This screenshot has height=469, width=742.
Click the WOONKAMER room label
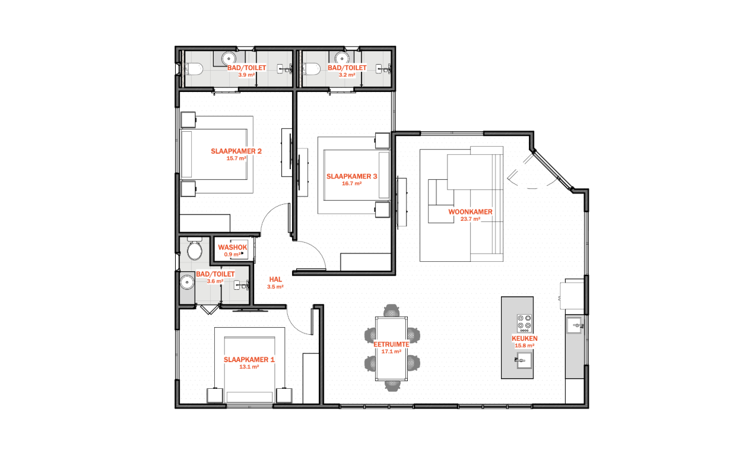[x=470, y=212]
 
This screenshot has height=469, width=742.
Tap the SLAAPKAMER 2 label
[x=236, y=151]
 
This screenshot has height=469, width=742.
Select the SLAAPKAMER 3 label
[x=351, y=176]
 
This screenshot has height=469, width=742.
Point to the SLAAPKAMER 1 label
[x=249, y=359]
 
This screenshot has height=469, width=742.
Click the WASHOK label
[x=233, y=247]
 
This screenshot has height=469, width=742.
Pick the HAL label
[x=275, y=279]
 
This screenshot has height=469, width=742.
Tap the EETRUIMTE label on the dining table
[x=391, y=344]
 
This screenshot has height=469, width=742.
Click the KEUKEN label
[x=524, y=338]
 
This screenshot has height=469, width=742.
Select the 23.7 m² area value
[x=470, y=219]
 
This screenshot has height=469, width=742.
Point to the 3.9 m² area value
[x=246, y=75]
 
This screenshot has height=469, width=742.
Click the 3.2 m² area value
[x=347, y=75]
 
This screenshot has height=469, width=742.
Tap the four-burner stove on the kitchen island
[x=524, y=323]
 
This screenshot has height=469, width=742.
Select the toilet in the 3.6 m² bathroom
[x=195, y=249]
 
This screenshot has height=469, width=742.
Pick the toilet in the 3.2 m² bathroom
[x=311, y=69]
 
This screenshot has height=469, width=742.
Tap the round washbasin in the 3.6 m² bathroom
[x=187, y=282]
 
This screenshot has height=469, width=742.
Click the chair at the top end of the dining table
[x=392, y=310]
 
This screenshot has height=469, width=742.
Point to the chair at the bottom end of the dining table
[x=392, y=385]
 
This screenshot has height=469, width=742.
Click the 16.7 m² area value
[x=351, y=183]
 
